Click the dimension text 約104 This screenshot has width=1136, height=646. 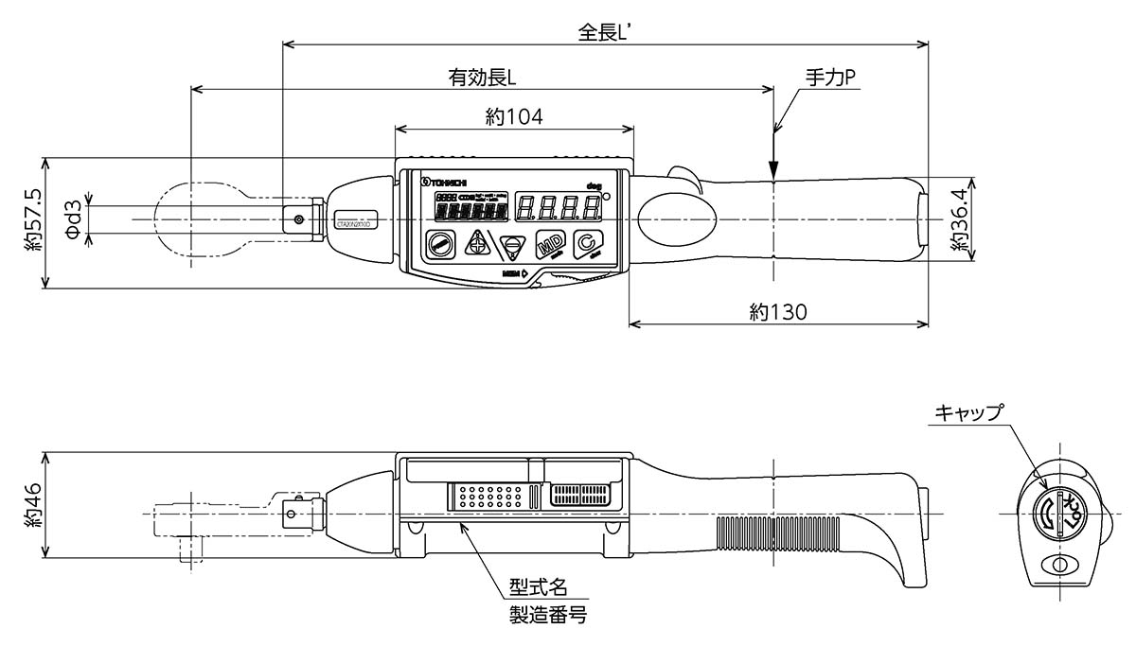click(x=513, y=116)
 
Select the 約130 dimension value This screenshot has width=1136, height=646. click(x=778, y=311)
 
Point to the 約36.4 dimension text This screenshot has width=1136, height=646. click(x=958, y=220)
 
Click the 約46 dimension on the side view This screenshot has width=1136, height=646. click(x=34, y=507)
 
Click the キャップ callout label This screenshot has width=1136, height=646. click(x=967, y=412)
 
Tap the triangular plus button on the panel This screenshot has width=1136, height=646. click(x=476, y=243)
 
